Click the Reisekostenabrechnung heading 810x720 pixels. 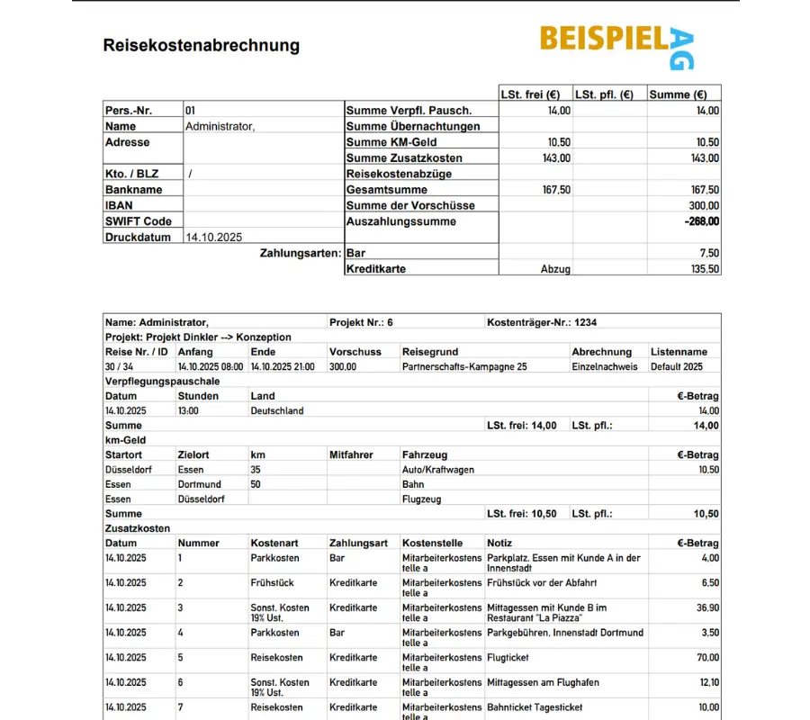[x=201, y=45]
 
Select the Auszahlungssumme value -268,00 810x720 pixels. [x=701, y=221]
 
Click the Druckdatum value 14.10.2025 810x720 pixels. [x=213, y=238]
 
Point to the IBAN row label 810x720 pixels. [x=120, y=205]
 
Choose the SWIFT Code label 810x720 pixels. [x=138, y=221]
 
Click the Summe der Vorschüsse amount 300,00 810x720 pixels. [x=705, y=205]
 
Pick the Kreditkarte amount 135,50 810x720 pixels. [x=705, y=269]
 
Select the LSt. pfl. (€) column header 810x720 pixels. [x=604, y=94]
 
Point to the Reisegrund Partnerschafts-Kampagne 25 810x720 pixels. [x=465, y=366]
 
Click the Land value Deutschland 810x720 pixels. [x=277, y=410]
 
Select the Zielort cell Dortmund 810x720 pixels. [x=199, y=484]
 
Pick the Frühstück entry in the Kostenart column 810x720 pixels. [x=272, y=583]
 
